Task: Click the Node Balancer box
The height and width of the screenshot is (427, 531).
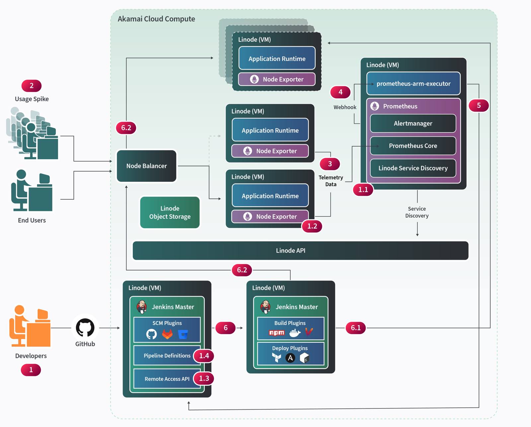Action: (x=146, y=166)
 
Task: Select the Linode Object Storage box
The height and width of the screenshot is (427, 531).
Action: (x=170, y=212)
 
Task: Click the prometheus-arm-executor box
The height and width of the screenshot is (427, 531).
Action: (x=413, y=84)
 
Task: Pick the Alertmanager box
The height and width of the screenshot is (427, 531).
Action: (x=413, y=123)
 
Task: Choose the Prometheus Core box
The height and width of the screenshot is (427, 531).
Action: (x=413, y=146)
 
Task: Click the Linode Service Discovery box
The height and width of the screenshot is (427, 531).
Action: (x=413, y=168)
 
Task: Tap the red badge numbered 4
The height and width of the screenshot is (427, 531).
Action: (x=340, y=92)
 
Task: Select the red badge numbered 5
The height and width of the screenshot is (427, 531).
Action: (x=479, y=106)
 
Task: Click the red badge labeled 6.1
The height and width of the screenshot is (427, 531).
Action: (x=355, y=328)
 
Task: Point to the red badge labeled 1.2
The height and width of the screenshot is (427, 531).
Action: (x=312, y=226)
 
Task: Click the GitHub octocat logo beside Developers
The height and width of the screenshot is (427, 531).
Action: (x=85, y=327)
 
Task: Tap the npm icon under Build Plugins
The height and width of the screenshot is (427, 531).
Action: (x=277, y=333)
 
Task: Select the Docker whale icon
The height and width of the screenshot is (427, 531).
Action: (x=294, y=333)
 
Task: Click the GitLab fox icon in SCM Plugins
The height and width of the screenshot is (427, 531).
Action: (x=167, y=334)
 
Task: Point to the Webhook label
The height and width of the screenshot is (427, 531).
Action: (x=345, y=107)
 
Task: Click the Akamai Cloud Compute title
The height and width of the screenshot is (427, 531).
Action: (x=156, y=19)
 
